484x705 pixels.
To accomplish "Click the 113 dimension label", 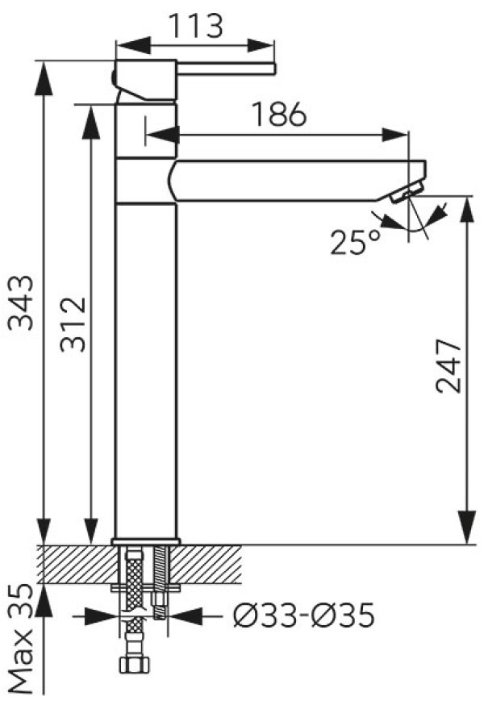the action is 195,26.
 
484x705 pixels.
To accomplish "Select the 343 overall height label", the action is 22,302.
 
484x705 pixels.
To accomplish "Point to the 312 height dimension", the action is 73,323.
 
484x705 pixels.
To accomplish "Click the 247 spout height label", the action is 449,366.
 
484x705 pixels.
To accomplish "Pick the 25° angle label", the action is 356,242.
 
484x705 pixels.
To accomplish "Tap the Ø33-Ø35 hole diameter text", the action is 303,615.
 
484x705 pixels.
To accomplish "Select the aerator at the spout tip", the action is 407,190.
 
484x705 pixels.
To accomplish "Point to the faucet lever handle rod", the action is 225,69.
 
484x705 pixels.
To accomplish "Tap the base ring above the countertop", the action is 146,541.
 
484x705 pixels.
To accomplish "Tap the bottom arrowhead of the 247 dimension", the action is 466,528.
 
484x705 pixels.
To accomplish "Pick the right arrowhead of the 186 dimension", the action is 394,135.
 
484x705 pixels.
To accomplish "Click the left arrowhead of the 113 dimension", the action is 132,45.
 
